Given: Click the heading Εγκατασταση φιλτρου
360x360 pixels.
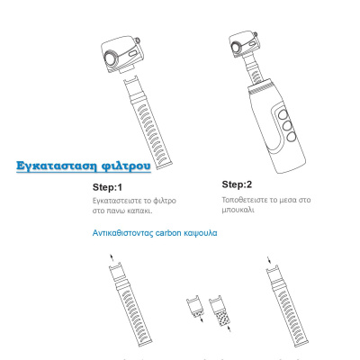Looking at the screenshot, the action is pos(84,166).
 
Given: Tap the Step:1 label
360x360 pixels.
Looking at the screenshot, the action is pos(107,187).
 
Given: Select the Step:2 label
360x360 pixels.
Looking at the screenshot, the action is pos(237,184).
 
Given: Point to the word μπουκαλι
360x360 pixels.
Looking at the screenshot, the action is pos(238,210).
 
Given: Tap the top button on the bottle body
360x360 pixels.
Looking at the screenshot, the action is pos(283,114).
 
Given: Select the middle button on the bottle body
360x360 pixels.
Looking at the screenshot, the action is pos(287,126).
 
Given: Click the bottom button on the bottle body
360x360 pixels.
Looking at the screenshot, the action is pos(292,137).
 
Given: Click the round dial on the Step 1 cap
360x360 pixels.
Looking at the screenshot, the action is pos(112,58).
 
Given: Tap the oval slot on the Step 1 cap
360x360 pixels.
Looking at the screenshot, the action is pos(133,54).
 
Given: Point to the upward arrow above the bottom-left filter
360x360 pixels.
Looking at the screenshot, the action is pos(112,258).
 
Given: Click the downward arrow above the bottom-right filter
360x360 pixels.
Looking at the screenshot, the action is pos(269,259).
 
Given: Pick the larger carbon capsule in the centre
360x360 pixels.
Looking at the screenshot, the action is pos(220,310).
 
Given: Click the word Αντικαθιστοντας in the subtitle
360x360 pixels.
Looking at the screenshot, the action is pos(122,233).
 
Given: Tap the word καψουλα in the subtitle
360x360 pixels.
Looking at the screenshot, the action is pos(201,233).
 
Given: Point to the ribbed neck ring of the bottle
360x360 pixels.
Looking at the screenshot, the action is pos(260,86).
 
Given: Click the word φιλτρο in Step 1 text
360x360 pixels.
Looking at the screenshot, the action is pos(165,201).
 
